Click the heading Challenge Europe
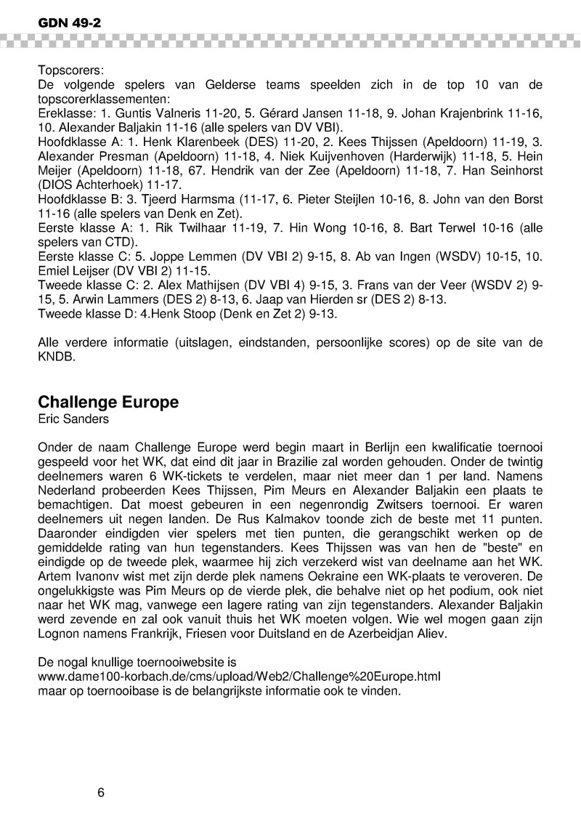107,402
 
